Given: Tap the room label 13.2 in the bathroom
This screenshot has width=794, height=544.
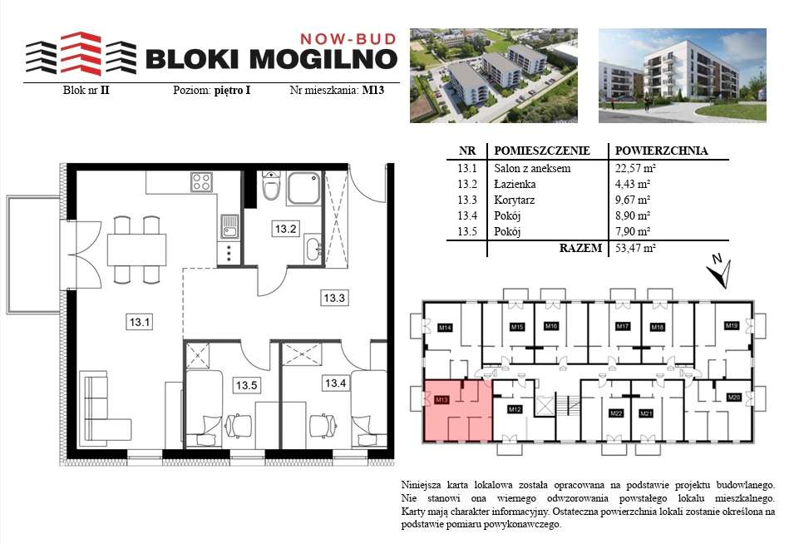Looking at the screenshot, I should [x=286, y=229].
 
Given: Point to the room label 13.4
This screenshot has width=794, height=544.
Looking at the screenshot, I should [x=335, y=383].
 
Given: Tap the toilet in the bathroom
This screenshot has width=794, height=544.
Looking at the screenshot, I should [x=270, y=189].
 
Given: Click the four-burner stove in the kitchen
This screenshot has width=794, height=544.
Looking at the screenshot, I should [x=202, y=181].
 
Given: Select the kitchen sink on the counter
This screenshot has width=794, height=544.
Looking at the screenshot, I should [x=229, y=225].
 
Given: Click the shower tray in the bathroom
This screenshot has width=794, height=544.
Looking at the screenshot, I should [x=304, y=189].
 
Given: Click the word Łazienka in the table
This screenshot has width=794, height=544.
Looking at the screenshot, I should [x=515, y=184].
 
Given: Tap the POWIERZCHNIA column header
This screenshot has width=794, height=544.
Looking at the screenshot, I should [x=660, y=151].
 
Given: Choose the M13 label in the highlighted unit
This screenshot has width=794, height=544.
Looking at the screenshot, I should [x=441, y=400].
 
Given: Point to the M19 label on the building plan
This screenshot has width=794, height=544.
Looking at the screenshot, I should [x=731, y=325].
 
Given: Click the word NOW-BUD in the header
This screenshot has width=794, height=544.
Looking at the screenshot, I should [x=346, y=38].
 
